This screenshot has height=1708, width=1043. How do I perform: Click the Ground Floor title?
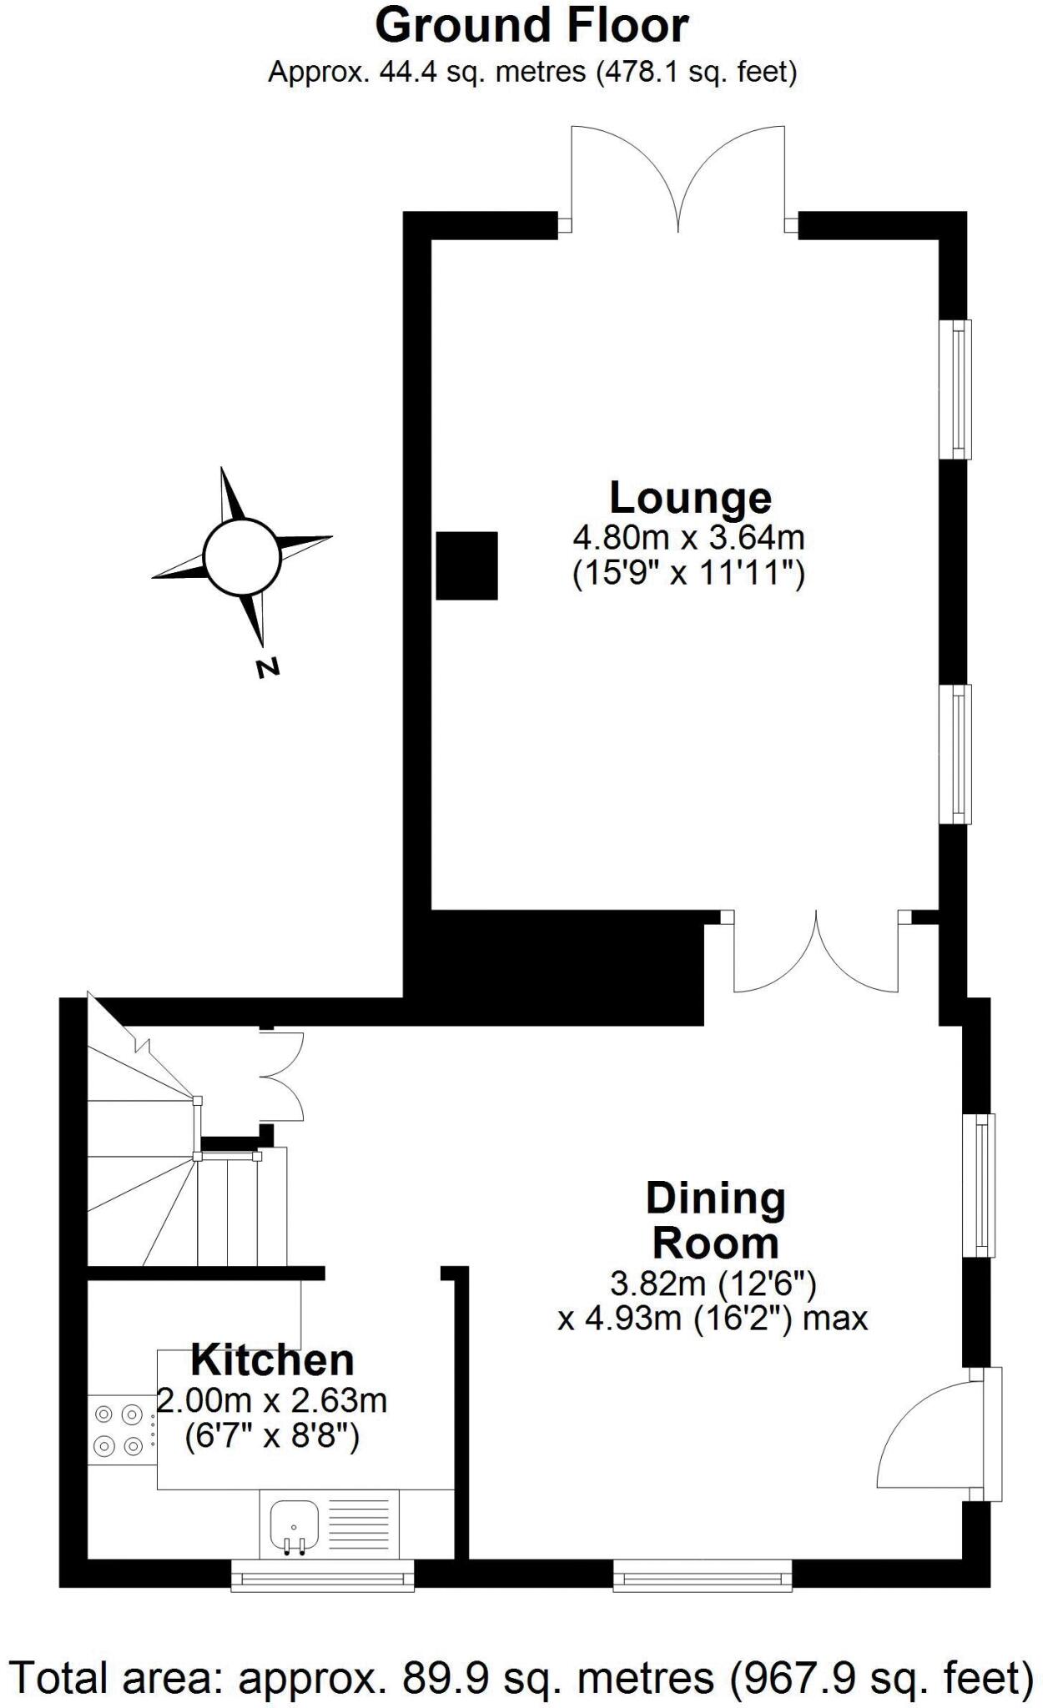click(532, 26)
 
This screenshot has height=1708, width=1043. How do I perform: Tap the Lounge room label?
click(690, 498)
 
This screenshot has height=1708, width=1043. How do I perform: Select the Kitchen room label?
click(273, 1360)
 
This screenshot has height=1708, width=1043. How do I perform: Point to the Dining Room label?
click(716, 1221)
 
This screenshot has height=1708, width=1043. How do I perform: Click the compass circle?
click(241, 556)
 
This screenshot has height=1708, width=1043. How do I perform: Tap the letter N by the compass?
click(267, 667)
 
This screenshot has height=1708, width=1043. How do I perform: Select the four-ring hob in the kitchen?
click(119, 1430)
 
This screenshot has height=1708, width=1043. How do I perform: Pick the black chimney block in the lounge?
click(467, 565)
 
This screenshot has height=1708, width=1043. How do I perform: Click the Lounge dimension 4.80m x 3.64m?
click(688, 537)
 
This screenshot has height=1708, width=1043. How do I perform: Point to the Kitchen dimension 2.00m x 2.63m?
click(273, 1400)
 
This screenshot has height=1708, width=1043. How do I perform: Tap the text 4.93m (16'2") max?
click(713, 1319)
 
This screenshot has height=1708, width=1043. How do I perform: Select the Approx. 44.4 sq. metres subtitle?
click(532, 73)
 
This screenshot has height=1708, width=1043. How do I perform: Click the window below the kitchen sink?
click(322, 1575)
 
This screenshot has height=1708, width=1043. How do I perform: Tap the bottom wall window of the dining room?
click(703, 1575)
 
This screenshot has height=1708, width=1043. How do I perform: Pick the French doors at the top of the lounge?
click(678, 179)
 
